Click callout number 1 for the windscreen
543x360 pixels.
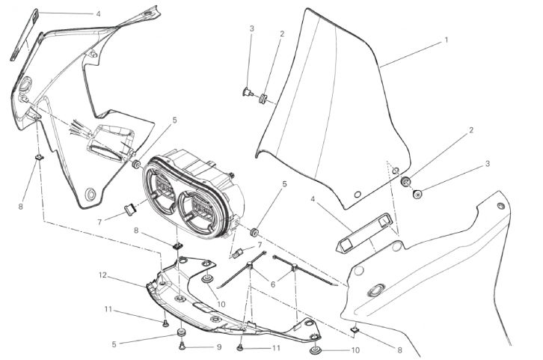(446, 40)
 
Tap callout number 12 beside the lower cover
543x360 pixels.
(102, 275)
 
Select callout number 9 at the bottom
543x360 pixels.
(219, 347)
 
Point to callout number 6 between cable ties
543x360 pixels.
(272, 284)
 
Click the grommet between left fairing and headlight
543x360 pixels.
(136, 164)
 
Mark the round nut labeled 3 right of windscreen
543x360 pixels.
(417, 194)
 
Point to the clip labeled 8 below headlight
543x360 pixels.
(178, 246)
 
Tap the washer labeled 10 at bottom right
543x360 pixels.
(315, 351)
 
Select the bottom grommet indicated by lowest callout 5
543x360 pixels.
(180, 333)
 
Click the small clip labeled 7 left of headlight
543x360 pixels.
(131, 210)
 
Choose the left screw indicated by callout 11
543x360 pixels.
(165, 323)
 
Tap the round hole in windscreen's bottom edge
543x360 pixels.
(358, 195)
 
